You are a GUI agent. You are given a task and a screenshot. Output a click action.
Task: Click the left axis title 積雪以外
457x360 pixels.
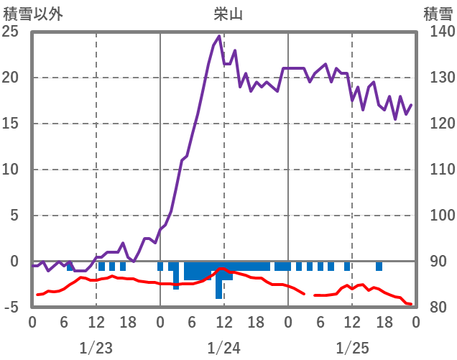click(28, 13)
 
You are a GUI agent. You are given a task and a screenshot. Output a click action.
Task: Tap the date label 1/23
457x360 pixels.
click(96, 349)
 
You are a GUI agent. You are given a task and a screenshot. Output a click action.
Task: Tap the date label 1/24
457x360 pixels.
click(223, 349)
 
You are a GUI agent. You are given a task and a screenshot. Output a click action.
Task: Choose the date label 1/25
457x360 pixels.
click(351, 349)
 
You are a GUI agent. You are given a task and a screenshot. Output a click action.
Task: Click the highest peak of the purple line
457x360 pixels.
click(218, 37)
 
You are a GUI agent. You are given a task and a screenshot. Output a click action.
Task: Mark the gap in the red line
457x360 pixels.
click(309, 295)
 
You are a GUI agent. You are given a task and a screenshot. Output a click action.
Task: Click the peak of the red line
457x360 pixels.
click(222, 269)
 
